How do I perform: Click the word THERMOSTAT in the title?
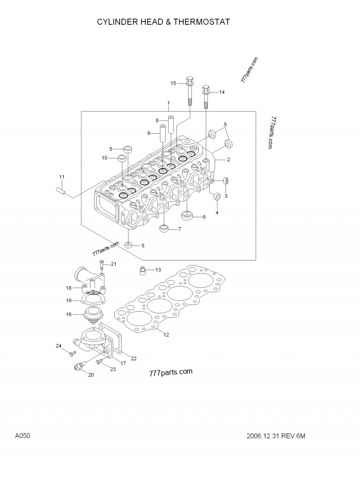pos(200,22)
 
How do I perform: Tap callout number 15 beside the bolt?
pos(173,83)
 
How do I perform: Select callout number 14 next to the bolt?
pos(221,92)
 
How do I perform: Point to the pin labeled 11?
pos(61,190)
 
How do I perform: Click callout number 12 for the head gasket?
pos(166,335)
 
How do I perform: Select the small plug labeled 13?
pos(142,270)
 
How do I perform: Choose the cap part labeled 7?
pos(165,229)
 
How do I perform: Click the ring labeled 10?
pos(121,158)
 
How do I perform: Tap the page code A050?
pos(22,436)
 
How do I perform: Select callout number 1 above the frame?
pos(168,103)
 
